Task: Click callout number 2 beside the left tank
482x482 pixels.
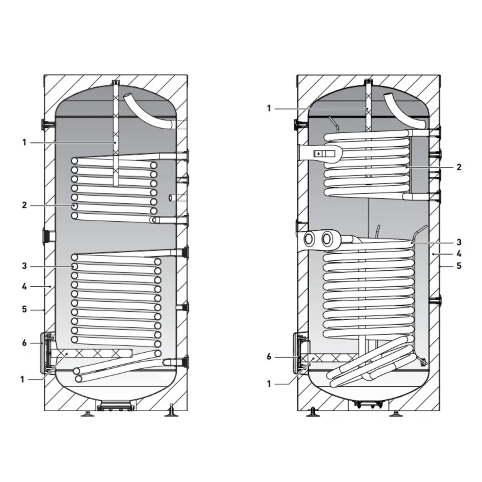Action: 24,205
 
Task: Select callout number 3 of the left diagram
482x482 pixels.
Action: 24,266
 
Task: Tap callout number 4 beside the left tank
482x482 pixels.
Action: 24,286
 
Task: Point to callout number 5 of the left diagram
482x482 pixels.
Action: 24,309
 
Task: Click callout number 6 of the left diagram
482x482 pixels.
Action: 24,343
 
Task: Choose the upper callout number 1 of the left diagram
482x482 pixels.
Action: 24,143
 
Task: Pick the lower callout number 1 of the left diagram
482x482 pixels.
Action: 22,380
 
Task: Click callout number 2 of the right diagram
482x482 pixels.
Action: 459,167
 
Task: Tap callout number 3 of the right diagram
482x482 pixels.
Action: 459,242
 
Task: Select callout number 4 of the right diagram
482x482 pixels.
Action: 459,253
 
